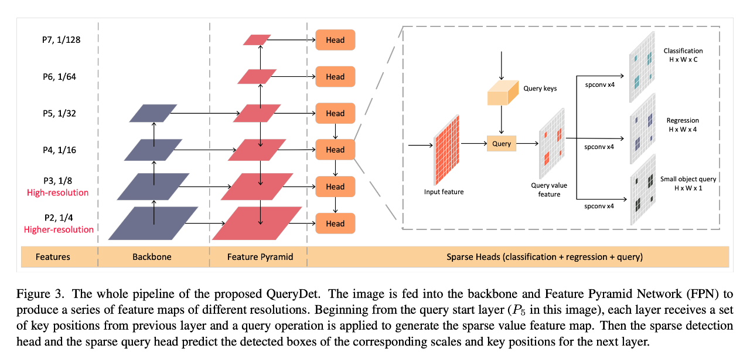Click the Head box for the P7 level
click(335, 40)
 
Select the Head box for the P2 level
click(335, 223)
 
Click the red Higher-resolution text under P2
click(59, 229)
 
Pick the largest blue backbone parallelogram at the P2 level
click(154, 223)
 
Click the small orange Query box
click(501, 143)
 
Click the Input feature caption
click(444, 191)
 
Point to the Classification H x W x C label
click(683, 55)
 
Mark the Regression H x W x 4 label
click(683, 125)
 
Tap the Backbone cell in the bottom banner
click(152, 256)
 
